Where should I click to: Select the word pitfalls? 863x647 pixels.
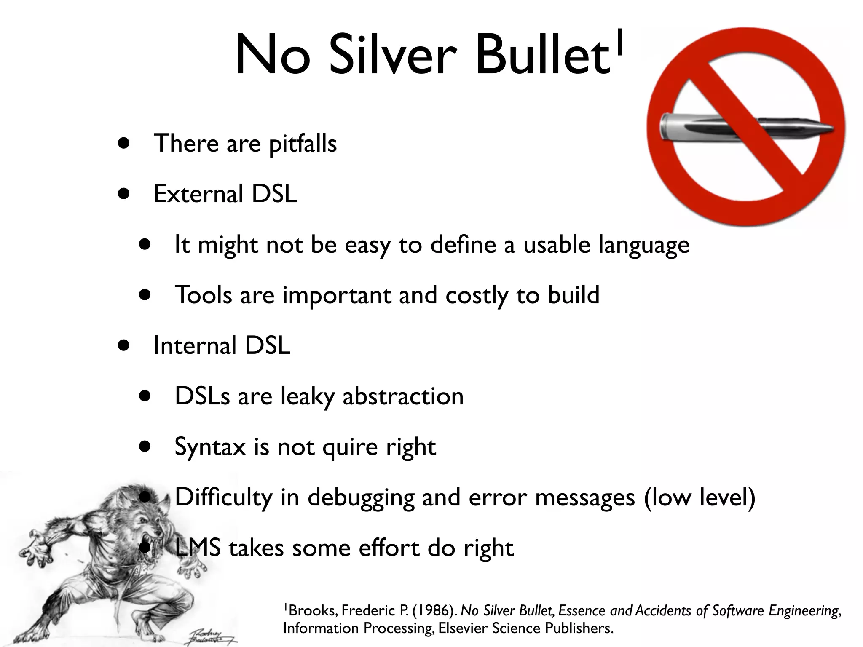pyautogui.click(x=303, y=144)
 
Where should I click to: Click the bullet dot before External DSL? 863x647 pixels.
pyautogui.click(x=123, y=194)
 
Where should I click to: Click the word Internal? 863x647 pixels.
pyautogui.click(x=195, y=345)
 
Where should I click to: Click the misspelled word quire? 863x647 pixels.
pyautogui.click(x=350, y=447)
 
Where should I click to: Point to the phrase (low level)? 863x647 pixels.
pyautogui.click(x=700, y=497)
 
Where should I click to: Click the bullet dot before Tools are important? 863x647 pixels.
pyautogui.click(x=145, y=295)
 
